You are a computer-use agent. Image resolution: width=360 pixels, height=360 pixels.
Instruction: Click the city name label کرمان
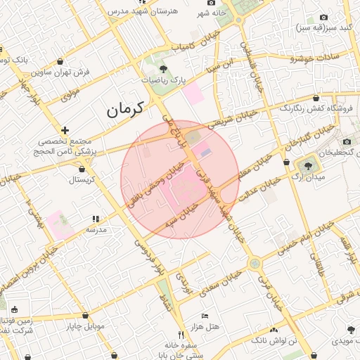pos(125,109)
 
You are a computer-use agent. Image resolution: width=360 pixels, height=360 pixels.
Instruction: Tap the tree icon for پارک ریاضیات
pos(164,69)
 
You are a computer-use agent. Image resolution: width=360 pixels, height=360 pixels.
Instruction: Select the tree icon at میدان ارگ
pos(307,165)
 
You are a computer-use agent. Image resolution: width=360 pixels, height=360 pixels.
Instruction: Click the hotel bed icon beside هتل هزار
pos(205,316)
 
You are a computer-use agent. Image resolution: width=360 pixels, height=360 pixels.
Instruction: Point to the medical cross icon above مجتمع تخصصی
pos(65,130)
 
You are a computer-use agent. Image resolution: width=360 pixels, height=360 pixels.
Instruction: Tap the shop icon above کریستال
pos(82,169)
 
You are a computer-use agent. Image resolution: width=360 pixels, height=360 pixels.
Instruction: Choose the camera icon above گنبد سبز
pos(323,17)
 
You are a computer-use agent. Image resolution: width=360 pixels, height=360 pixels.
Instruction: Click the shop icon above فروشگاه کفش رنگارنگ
pos(316,98)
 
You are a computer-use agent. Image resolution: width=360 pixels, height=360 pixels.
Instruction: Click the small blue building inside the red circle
pos(205,150)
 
